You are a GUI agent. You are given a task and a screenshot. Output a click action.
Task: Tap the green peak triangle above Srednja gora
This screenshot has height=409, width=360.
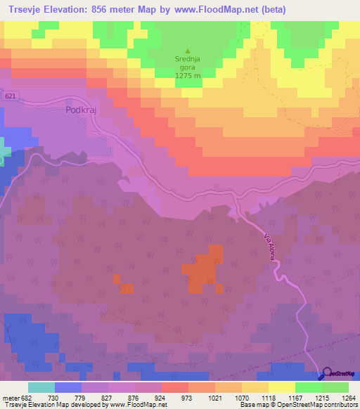pos(187,51)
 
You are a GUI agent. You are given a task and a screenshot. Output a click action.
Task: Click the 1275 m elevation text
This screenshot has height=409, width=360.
pos(188,76)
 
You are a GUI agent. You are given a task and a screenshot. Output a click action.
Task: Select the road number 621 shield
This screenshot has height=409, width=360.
pos(8,96)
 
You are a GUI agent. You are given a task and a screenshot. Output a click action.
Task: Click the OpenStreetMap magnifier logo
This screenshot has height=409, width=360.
pos(328,374)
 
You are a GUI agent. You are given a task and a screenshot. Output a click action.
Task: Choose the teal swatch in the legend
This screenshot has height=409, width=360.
pos(41,387)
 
